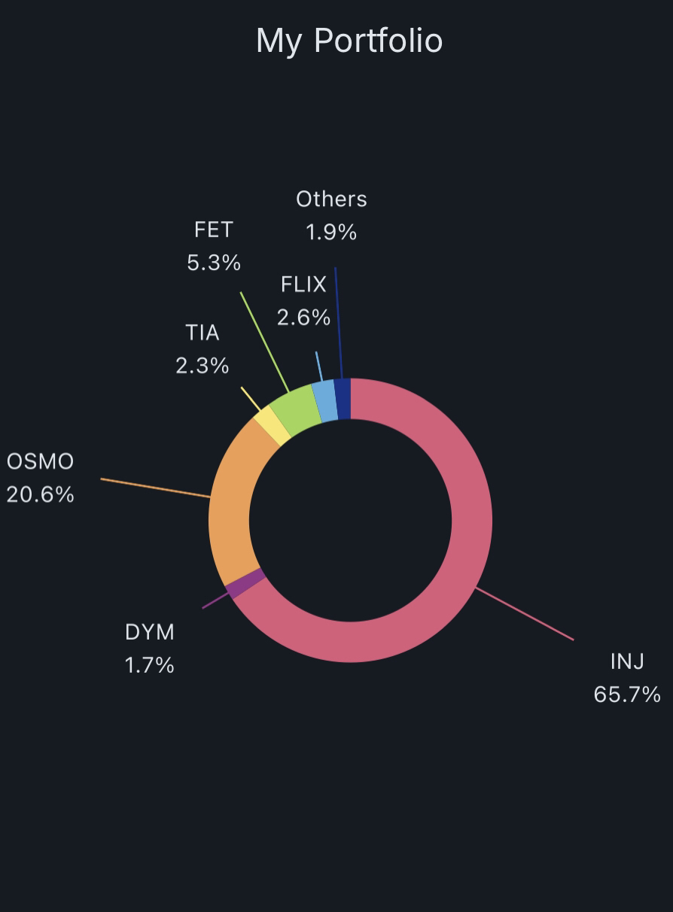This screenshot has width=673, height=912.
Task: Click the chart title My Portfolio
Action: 349,41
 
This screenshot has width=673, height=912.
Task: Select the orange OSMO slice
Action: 230,512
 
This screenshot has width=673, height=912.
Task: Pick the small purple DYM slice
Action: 245,584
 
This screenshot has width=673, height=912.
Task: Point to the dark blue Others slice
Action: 343,398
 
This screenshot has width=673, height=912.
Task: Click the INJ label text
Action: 627,661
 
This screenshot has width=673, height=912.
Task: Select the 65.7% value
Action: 627,694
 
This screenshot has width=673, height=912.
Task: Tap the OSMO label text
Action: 40,461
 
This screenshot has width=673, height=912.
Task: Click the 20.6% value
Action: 40,494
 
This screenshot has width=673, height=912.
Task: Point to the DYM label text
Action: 150,632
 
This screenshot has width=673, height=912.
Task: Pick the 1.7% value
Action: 150,665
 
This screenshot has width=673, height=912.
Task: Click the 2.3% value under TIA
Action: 202,366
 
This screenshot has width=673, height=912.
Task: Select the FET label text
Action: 214,230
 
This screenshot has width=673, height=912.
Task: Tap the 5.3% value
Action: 214,263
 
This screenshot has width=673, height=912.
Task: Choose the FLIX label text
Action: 303,284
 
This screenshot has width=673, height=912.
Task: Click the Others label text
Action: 331,199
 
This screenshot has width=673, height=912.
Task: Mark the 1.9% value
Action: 331,233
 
